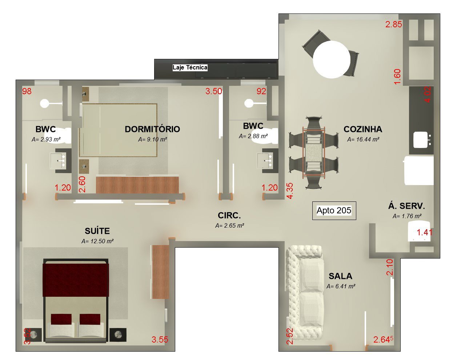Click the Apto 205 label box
tap(334, 211)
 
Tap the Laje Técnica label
tap(190, 67)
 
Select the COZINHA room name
tap(363, 129)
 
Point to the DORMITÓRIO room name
tap(152, 129)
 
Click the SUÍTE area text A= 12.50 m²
tap(97, 241)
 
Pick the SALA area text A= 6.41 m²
tap(341, 286)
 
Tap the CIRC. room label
tap(229, 215)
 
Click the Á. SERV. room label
tap(406, 206)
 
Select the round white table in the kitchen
tap(332, 60)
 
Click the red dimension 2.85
tap(393, 24)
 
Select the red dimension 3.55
tap(160, 339)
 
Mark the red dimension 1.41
tap(424, 232)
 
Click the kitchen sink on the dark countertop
tap(421, 140)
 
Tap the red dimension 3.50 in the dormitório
tap(214, 91)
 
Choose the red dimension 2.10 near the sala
tap(389, 267)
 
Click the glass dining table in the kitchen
tap(314, 152)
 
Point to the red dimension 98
tap(27, 91)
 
